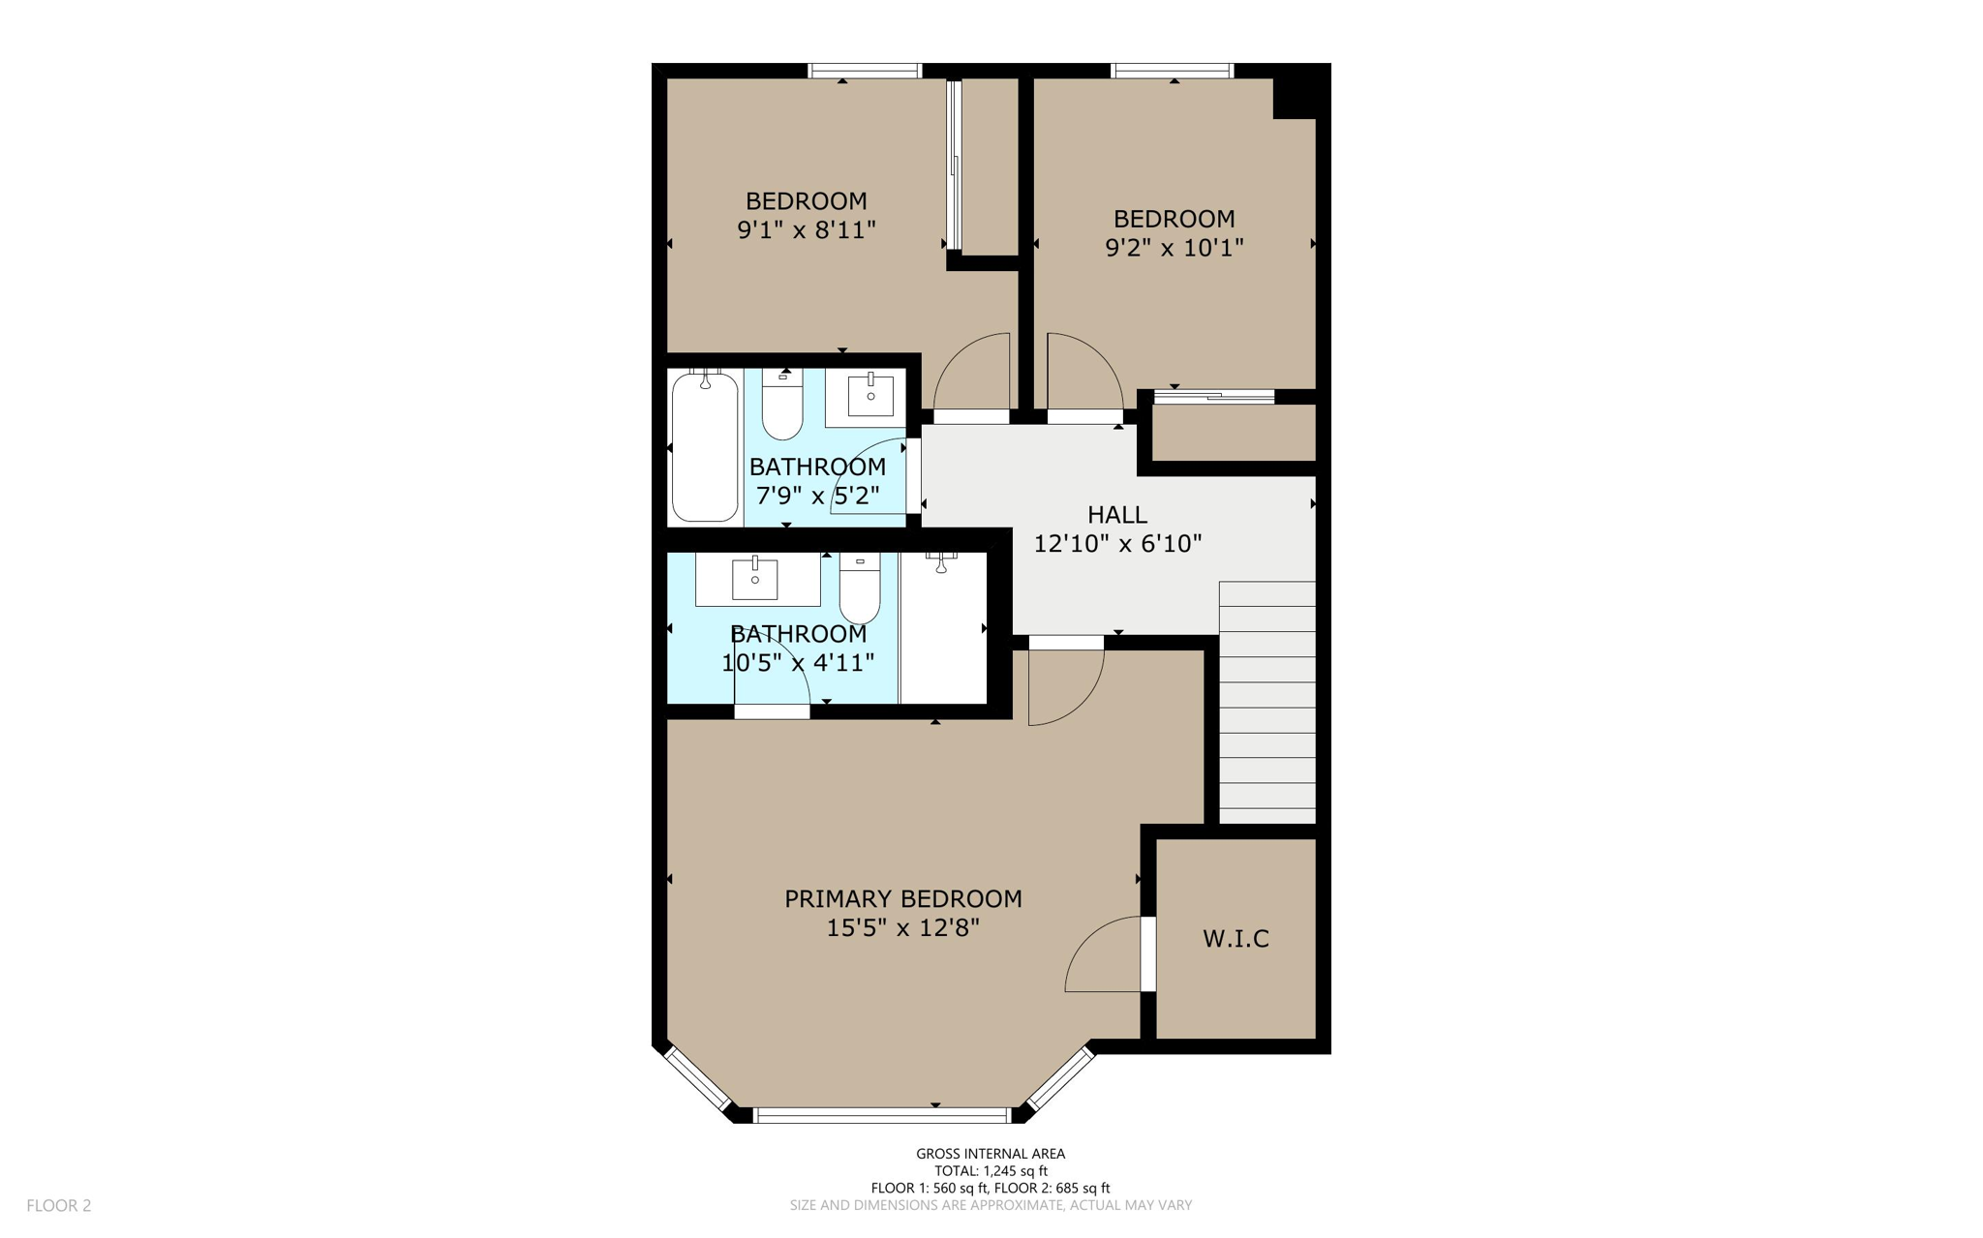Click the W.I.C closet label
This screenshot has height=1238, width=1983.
(1236, 938)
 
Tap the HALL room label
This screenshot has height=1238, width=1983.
(1116, 515)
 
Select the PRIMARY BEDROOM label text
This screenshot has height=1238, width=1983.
(902, 899)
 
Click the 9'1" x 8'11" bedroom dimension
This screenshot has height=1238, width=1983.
(807, 230)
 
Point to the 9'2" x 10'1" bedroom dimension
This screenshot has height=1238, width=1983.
(1174, 248)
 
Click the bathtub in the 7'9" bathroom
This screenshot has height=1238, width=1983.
(705, 447)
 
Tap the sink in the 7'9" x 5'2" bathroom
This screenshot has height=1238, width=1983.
(869, 396)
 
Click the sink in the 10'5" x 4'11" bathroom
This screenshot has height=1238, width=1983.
(755, 579)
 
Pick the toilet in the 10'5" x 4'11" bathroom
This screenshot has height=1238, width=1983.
(860, 589)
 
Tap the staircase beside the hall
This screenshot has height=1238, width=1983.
(1266, 703)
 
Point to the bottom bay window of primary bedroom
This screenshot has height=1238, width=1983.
(881, 1116)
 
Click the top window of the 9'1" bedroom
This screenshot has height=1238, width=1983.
(864, 71)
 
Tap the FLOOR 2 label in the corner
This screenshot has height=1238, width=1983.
(59, 1205)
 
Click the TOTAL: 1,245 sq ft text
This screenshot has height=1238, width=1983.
(990, 1170)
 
